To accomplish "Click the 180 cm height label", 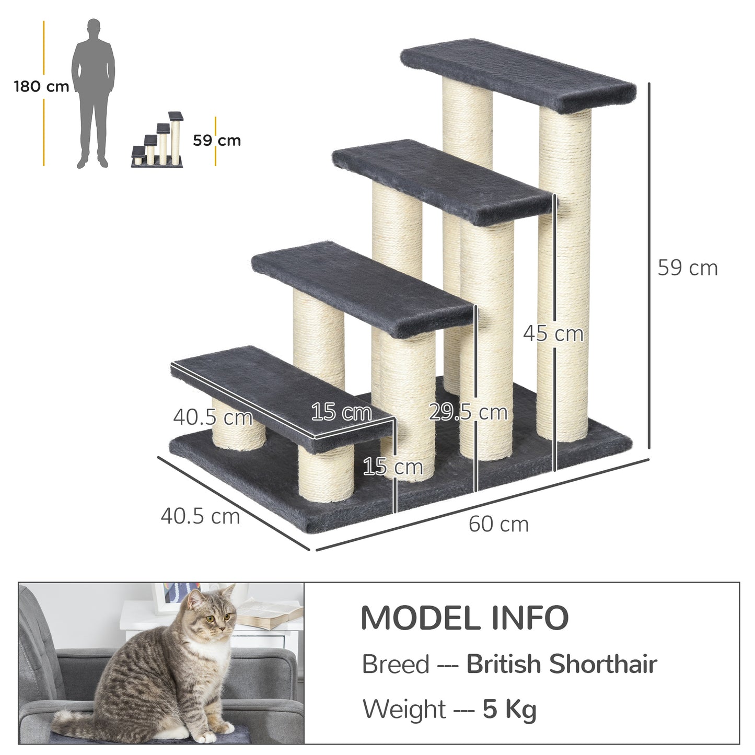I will click(41, 86).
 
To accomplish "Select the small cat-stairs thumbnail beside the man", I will click(158, 140).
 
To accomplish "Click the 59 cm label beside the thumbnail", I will click(217, 141).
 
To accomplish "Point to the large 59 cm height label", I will click(687, 268).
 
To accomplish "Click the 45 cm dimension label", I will click(553, 333).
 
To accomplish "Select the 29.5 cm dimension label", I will click(468, 412).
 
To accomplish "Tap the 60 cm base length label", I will click(498, 524).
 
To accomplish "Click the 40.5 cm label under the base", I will click(200, 516).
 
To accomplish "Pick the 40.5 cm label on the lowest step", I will click(213, 417).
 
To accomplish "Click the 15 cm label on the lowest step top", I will click(341, 412).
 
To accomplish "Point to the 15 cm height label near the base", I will click(392, 467).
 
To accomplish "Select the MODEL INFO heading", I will click(464, 618).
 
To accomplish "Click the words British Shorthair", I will click(561, 665).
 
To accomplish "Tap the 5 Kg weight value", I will click(509, 710).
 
